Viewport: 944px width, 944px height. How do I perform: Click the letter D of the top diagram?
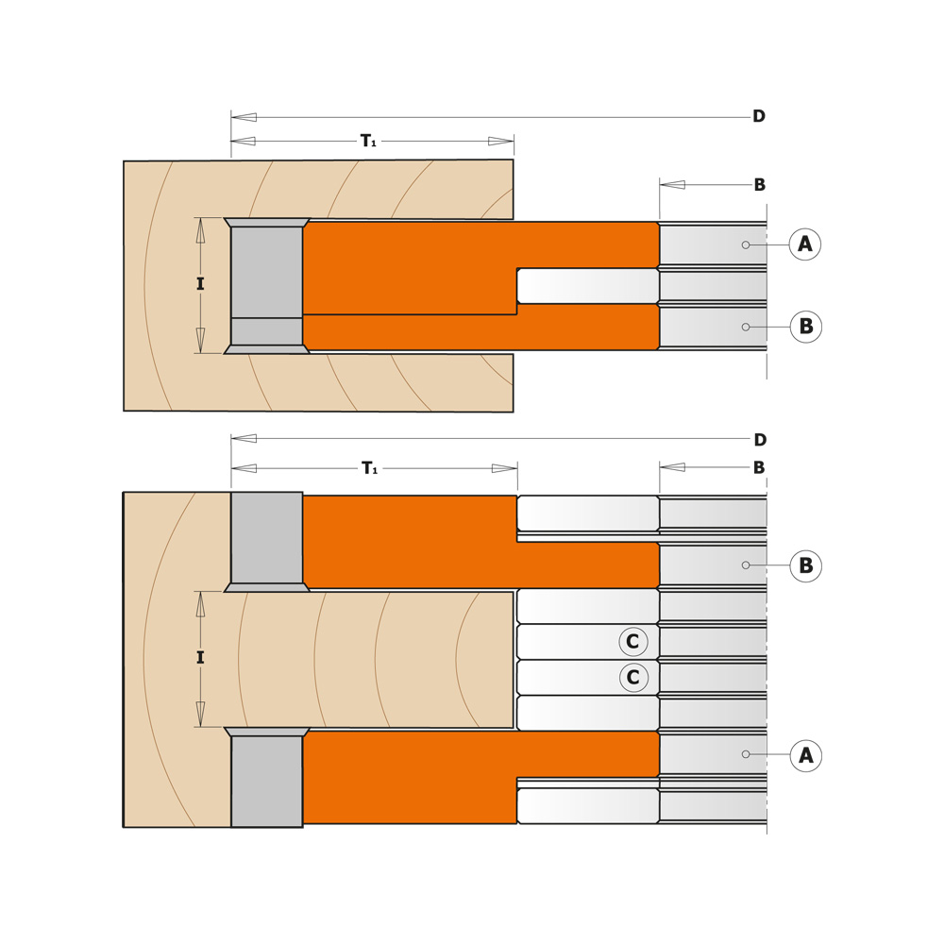point(758,117)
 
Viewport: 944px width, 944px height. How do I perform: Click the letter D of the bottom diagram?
point(759,440)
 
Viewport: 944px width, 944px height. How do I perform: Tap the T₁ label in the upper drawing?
point(368,142)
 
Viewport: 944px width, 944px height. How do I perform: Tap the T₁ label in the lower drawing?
point(369,468)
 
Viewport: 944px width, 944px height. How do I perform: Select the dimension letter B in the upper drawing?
point(759,185)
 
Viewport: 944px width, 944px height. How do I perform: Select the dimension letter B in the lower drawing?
point(759,468)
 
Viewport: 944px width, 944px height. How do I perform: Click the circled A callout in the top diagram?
point(804,244)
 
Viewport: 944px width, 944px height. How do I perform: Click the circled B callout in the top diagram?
point(805,327)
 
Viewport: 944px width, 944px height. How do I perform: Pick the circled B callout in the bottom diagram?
point(805,565)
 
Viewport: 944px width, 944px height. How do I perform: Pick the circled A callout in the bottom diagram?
point(805,755)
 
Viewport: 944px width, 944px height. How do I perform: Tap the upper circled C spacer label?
point(633,643)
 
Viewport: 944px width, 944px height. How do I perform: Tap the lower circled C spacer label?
point(633,678)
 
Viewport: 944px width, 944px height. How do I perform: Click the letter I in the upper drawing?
point(200,284)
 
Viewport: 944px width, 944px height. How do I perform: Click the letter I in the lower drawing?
point(200,658)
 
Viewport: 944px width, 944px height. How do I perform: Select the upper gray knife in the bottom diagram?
point(267,538)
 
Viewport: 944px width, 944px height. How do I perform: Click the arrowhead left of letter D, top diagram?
point(244,117)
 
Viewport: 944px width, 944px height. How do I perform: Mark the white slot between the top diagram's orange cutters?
point(585,286)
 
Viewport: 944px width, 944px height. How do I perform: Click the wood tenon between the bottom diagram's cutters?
point(378,659)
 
